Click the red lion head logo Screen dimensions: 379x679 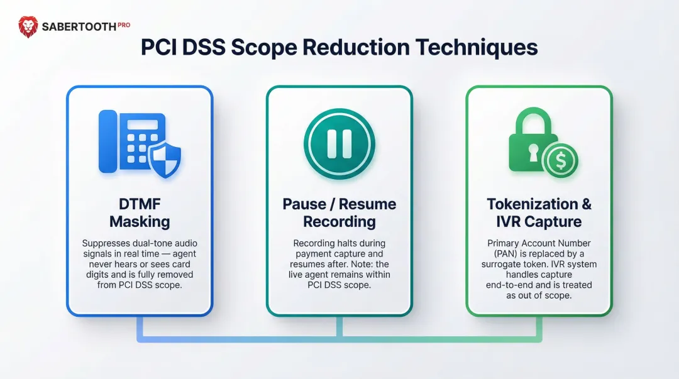(28, 26)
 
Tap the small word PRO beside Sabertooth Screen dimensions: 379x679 (123, 24)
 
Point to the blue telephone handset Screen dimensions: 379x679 (108, 141)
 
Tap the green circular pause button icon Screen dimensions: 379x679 (339, 143)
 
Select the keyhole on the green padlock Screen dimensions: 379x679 (534, 151)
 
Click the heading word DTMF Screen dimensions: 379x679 (140, 204)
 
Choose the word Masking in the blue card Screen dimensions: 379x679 (140, 221)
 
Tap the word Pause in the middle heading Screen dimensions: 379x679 (304, 204)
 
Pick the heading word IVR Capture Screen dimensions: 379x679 (539, 221)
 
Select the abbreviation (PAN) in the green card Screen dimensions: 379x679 (502, 253)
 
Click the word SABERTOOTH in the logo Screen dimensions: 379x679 (79, 27)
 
